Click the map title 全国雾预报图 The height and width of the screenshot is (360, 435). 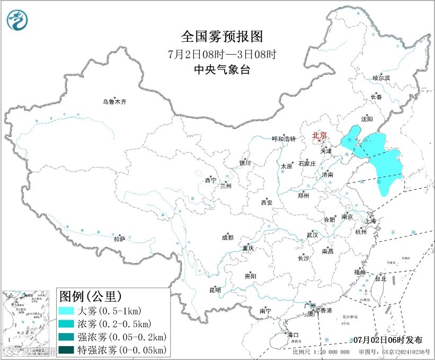coord(222,37)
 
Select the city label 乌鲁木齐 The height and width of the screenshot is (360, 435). coord(115,101)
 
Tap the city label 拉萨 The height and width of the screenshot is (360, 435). coord(119,239)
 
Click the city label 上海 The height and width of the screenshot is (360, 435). coord(372,221)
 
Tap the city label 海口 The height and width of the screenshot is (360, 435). coord(293,335)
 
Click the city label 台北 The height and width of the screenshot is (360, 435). coord(380,278)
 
